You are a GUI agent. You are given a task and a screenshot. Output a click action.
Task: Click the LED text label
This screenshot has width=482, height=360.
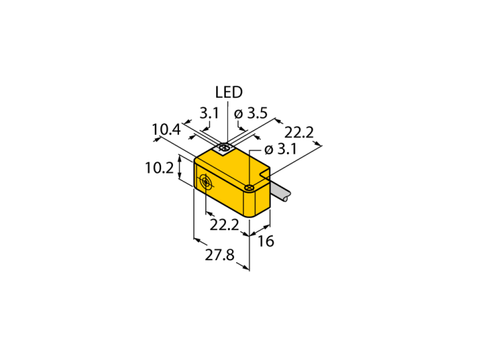229,92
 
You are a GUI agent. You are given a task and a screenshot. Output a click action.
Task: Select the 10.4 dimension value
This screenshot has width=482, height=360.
167,130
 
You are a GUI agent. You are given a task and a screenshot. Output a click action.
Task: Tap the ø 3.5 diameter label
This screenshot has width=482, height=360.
251,114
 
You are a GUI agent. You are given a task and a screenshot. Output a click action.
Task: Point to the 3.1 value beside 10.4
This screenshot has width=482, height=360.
209,114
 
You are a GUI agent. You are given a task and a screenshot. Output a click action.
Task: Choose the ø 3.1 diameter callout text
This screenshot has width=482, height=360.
280,149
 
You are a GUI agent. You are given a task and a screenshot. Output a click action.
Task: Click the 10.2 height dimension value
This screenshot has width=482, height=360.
159,168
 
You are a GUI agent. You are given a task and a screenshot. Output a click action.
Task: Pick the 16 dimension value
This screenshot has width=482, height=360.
266,242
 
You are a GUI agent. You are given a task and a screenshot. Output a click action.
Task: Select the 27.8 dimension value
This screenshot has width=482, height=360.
220,255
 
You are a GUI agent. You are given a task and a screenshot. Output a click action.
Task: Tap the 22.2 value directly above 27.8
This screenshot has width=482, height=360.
224,226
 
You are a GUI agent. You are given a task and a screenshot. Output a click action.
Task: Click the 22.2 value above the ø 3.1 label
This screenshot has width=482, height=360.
299,133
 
